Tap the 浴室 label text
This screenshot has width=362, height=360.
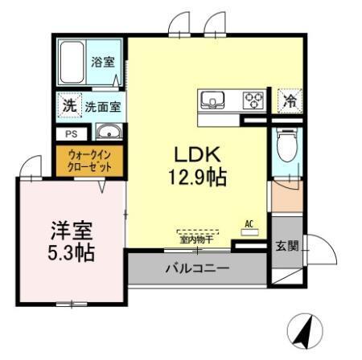(x=102, y=62)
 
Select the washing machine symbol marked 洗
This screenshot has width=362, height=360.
(x=68, y=105)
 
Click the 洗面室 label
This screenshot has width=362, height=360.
(x=102, y=105)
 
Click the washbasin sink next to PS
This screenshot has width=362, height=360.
(x=106, y=133)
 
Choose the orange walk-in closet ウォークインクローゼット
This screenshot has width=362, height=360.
(x=89, y=160)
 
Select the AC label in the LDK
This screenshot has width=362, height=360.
(x=249, y=224)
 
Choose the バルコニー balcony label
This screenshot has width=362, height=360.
(x=196, y=268)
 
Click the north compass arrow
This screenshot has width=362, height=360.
(x=304, y=332)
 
